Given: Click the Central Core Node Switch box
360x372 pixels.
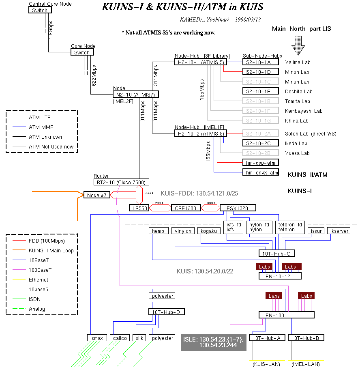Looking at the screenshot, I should pyautogui.click(x=40, y=10).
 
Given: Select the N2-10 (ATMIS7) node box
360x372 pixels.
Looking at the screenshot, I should pyautogui.click(x=135, y=94).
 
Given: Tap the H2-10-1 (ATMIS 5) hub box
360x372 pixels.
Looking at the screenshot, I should pyautogui.click(x=201, y=62).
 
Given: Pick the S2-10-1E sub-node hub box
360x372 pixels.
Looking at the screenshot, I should pyautogui.click(x=261, y=91).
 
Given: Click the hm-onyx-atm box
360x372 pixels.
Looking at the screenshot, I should pyautogui.click(x=261, y=172).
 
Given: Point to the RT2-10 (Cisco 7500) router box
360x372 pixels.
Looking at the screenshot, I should pyautogui.click(x=120, y=182).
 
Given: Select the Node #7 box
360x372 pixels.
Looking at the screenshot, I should pyautogui.click(x=97, y=195).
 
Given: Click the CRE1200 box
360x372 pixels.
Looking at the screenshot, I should pyautogui.click(x=186, y=208).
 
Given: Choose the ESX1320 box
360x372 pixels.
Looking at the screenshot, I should pyautogui.click(x=238, y=208).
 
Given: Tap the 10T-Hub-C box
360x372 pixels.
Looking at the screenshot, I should pyautogui.click(x=277, y=254).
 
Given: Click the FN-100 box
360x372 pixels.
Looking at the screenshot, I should pyautogui.click(x=287, y=315).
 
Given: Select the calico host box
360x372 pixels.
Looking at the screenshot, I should pyautogui.click(x=120, y=338).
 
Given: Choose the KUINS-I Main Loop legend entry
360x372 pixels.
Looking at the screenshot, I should pyautogui.click(x=51, y=250).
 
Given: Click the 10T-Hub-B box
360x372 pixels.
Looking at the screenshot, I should pyautogui.click(x=304, y=338).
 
